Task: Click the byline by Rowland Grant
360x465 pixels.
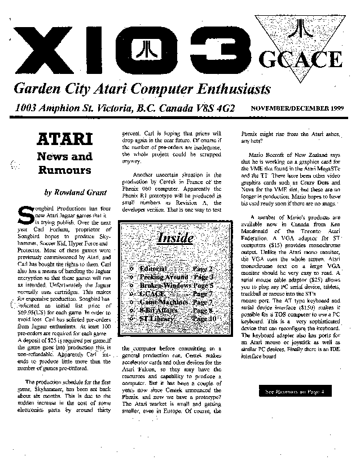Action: (x=71, y=192)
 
